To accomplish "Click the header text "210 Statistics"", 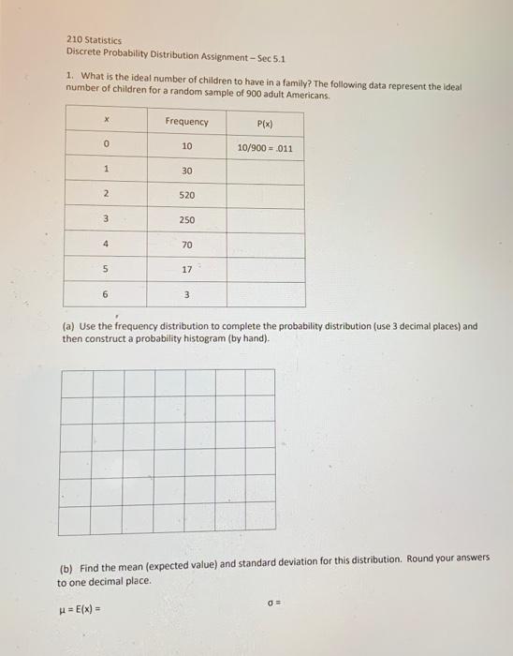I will click(94, 40).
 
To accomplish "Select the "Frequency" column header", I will click(187, 122).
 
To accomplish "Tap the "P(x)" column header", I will click(265, 123).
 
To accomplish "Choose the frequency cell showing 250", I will click(187, 220).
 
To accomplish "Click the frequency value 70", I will click(187, 245).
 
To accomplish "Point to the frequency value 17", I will click(187, 269).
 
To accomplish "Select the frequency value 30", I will click(187, 171).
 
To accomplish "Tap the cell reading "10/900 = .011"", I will click(265, 148).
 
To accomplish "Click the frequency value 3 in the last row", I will click(187, 294).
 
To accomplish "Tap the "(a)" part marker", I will click(68, 327).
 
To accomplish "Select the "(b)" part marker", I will click(66, 568).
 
